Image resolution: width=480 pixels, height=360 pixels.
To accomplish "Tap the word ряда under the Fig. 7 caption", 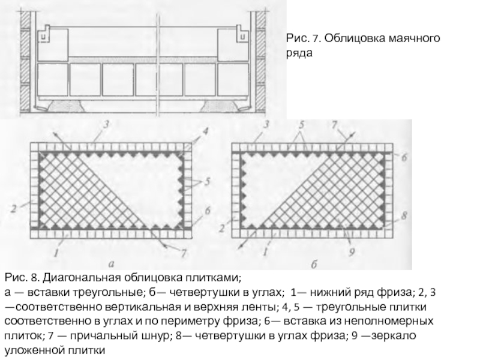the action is (299, 53).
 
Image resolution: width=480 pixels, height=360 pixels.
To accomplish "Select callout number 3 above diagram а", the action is (106, 124).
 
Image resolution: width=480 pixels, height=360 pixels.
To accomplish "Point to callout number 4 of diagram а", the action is (205, 131).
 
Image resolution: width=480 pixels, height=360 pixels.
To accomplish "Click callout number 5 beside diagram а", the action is (207, 182).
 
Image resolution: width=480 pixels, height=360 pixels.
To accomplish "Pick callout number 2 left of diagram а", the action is (13, 209).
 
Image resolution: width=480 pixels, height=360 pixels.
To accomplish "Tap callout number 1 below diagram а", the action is (56, 253).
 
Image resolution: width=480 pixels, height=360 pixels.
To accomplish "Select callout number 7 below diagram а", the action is (184, 253).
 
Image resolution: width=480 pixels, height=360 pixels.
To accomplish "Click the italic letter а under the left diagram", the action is (111, 263).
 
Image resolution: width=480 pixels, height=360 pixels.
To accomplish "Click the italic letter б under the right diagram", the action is (314, 264).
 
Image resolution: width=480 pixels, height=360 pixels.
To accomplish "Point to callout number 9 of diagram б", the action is (352, 251).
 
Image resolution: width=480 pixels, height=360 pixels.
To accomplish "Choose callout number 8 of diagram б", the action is (404, 215).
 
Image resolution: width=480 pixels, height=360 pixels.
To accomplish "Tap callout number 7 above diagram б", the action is (334, 124).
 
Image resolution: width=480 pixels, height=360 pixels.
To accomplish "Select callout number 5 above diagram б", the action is (302, 125).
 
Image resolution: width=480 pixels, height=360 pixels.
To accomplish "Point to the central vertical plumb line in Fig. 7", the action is (158, 64).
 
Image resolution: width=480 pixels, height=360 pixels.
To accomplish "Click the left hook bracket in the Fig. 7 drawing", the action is (44, 34).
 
